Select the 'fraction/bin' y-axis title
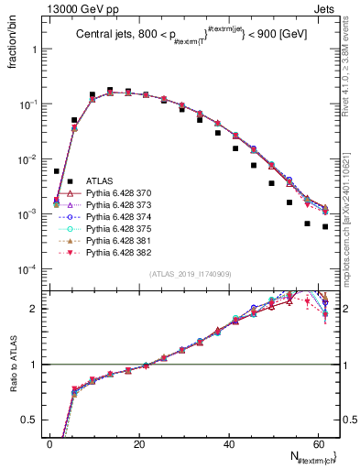click(x=20, y=40)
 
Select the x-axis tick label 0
click(x=49, y=443)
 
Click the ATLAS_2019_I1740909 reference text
click(x=190, y=274)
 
